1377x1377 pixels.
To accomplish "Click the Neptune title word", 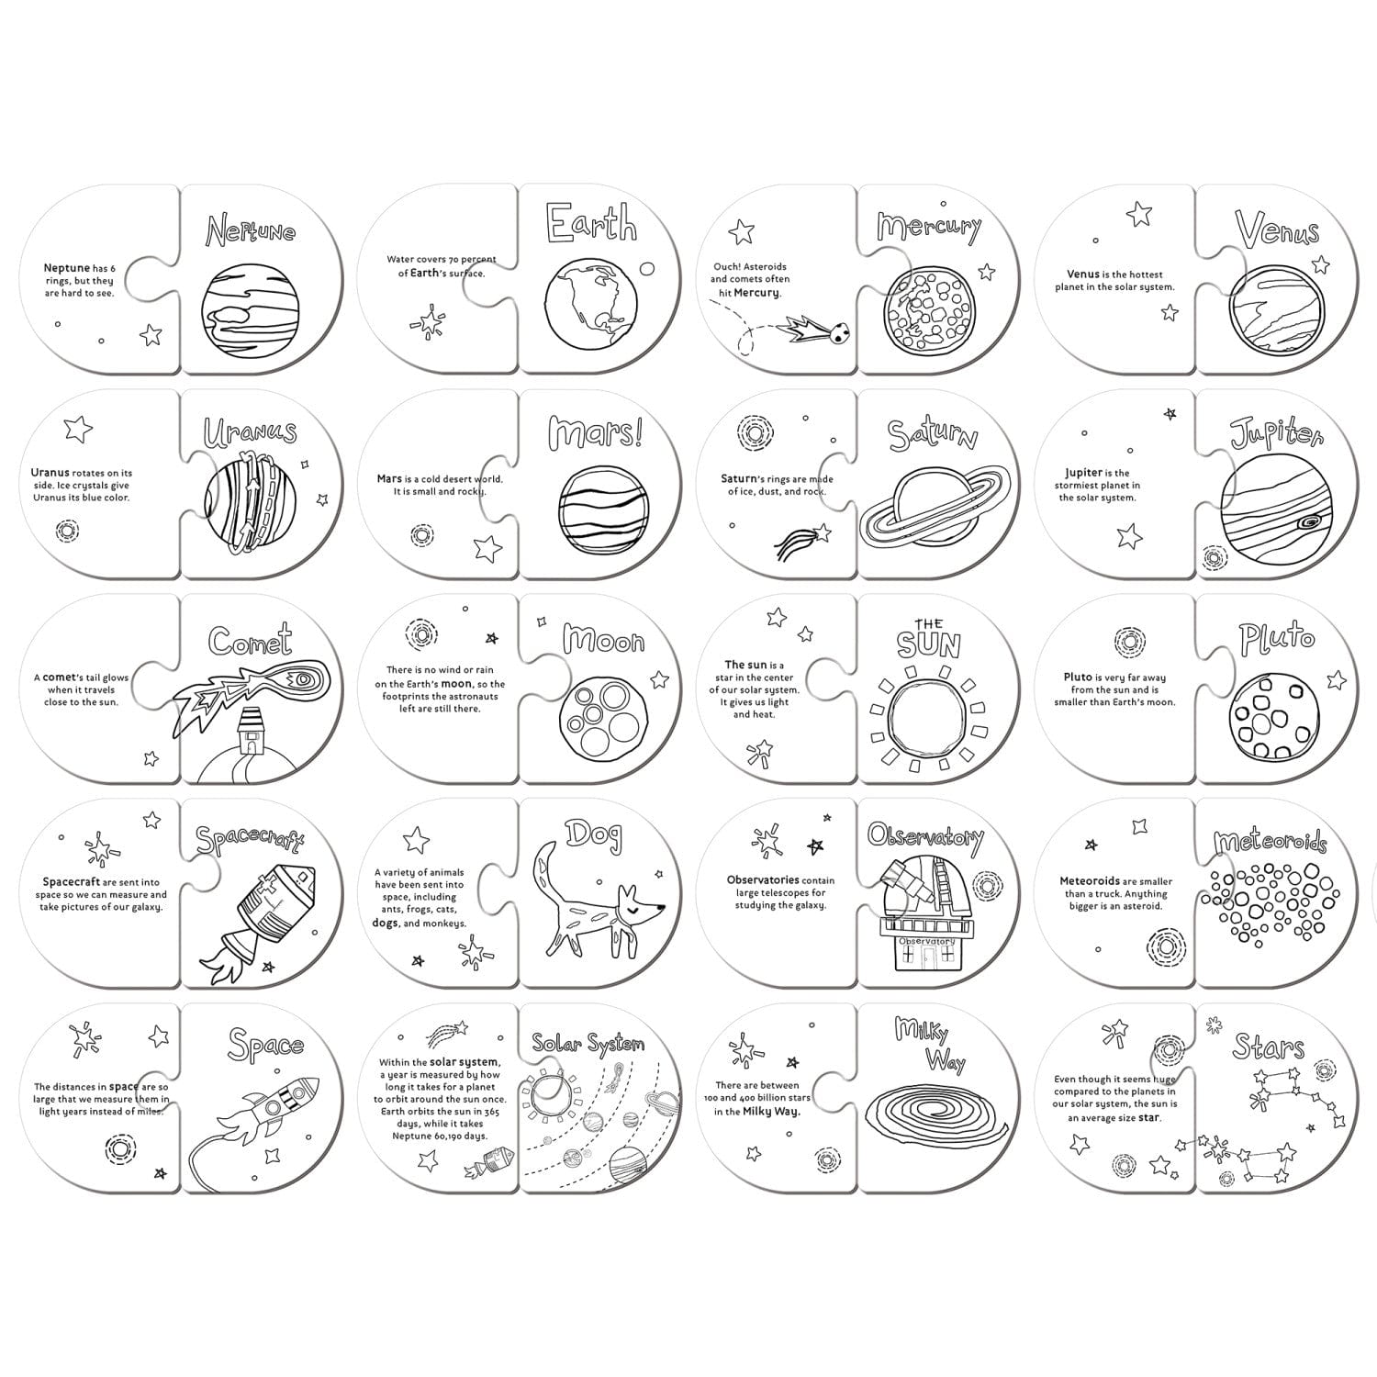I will tap(250, 229).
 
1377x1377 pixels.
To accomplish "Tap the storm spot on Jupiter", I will tap(1308, 523).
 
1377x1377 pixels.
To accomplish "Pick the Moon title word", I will tap(603, 640).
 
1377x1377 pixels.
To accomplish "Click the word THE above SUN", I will tap(927, 623).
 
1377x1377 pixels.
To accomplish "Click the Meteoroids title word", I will tap(1270, 842).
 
